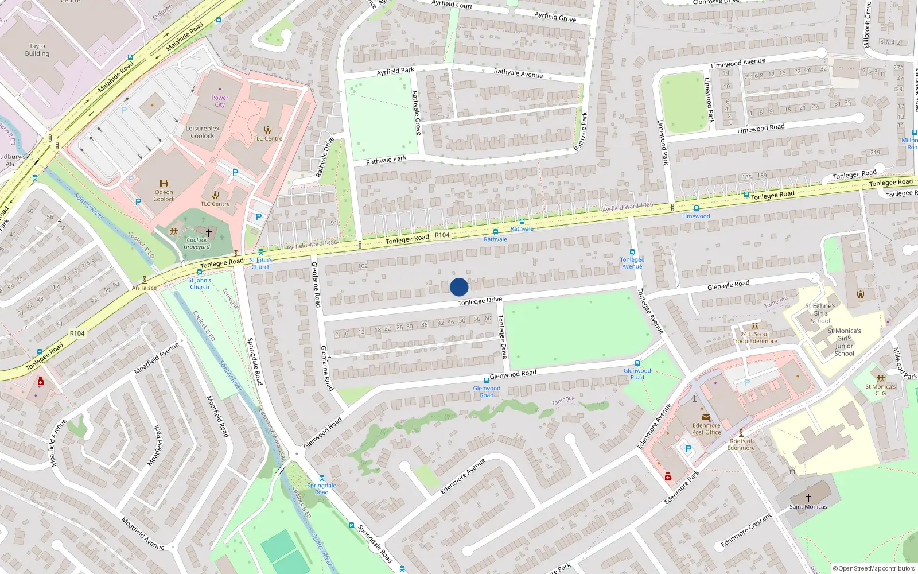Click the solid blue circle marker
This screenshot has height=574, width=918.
459,287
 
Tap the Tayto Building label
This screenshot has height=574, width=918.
37,50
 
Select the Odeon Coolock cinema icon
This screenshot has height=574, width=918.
164,184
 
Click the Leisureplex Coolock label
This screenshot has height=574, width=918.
203,133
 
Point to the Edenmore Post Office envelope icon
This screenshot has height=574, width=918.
706,417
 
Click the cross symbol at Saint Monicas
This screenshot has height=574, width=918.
808,498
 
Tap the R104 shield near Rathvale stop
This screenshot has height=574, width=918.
442,235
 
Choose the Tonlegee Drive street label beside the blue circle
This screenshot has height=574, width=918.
480,301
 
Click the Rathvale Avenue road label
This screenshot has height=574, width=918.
518,73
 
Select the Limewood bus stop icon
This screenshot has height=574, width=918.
697,208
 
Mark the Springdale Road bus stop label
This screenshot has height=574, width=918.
321,488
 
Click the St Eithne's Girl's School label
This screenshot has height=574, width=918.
820,313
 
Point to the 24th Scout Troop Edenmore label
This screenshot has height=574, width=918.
755,338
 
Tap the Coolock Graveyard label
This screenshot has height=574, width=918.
197,243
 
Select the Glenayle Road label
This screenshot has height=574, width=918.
728,285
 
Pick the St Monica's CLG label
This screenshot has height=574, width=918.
881,390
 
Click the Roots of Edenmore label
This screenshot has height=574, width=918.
741,444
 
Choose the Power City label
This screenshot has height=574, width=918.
220,101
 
